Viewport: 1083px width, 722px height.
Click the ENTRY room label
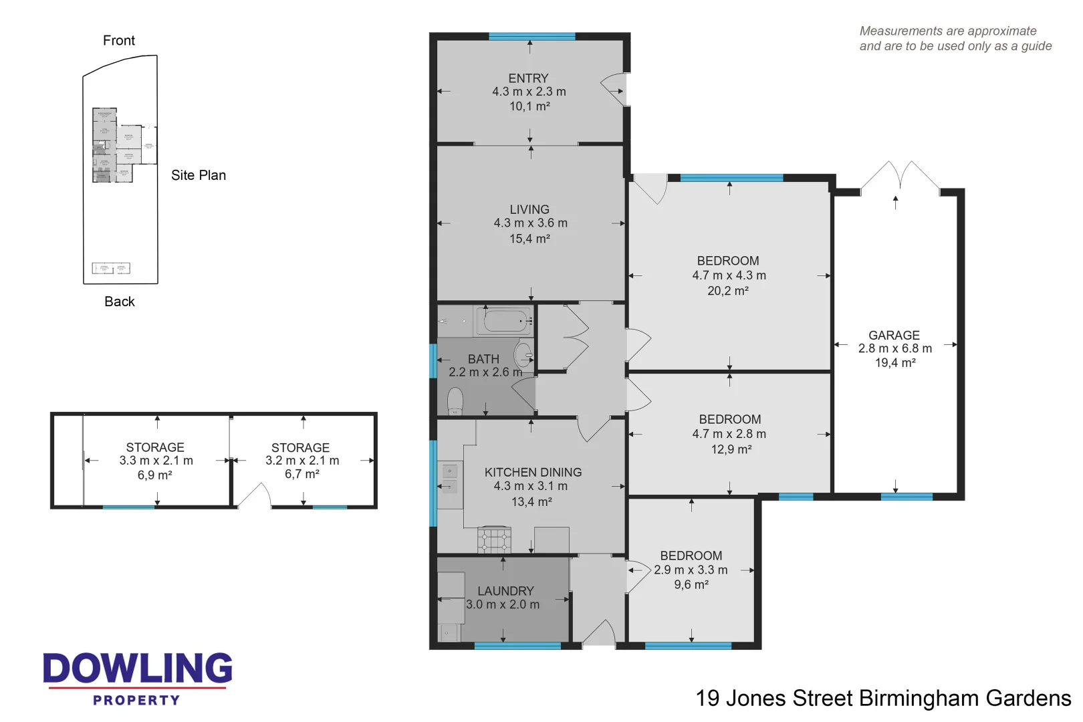[x=528, y=78]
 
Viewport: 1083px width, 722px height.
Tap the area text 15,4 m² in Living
[x=529, y=239]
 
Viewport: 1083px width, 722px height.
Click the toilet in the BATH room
[x=455, y=401]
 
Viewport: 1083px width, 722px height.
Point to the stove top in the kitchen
[x=494, y=539]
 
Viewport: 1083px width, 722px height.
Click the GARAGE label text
[x=894, y=335]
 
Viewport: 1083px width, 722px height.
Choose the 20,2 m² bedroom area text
[x=728, y=291]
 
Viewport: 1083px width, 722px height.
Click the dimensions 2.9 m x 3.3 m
[x=691, y=570]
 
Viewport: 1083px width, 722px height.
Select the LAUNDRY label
[x=505, y=591]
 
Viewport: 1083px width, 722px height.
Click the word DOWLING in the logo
[x=138, y=669]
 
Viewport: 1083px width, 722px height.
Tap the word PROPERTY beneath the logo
[x=136, y=700]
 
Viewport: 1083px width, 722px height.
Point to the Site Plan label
[x=199, y=175]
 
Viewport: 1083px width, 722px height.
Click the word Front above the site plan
[x=119, y=41]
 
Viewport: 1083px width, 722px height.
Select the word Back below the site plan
[x=120, y=302]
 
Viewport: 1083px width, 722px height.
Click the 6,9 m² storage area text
[x=155, y=475]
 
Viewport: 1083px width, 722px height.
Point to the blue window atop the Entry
[x=531, y=36]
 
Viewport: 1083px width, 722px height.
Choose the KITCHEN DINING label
[x=533, y=472]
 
